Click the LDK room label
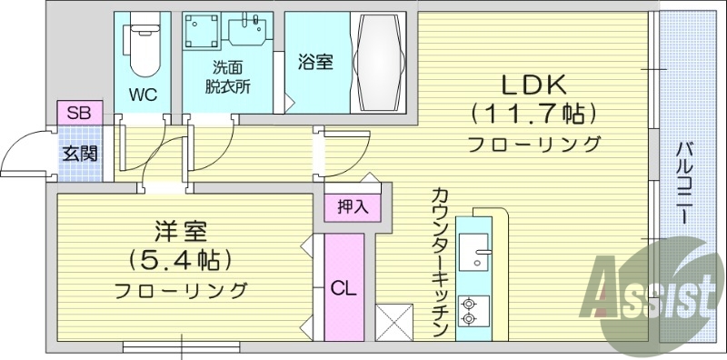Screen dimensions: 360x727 tap(533, 85)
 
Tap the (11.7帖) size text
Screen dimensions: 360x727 tap(533, 114)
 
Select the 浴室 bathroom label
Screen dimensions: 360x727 tap(316, 63)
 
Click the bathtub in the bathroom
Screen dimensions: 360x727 tap(377, 61)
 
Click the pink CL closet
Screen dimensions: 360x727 tap(343, 288)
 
